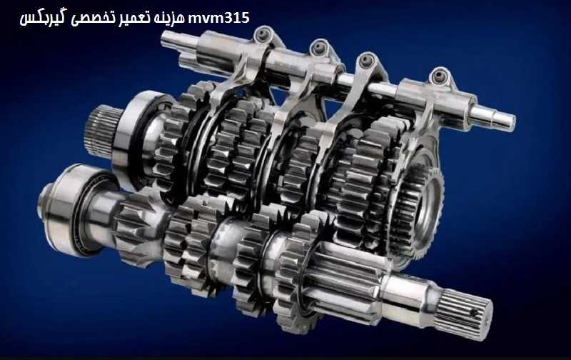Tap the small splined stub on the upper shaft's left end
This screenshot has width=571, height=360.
click(98, 126)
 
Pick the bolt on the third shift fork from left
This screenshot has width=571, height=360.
click(367, 61)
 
